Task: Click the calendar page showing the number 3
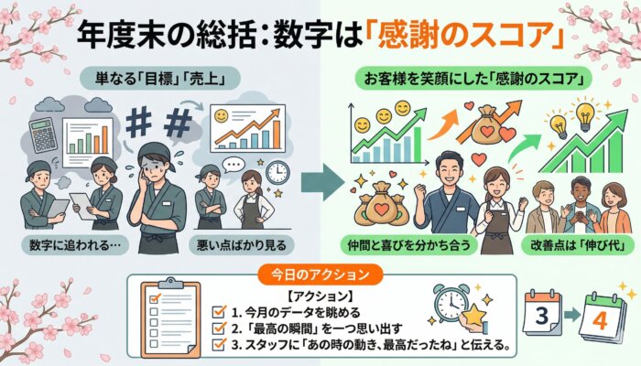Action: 542,313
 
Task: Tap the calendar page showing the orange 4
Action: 603,318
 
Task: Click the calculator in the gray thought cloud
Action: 43,135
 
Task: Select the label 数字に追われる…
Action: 75,245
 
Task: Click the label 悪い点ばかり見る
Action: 242,245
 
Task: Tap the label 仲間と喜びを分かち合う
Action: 408,245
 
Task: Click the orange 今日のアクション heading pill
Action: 320,274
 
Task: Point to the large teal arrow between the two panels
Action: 322,182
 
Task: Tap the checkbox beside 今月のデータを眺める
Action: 219,313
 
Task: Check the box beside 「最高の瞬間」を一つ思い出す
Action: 219,328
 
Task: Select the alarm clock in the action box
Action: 451,303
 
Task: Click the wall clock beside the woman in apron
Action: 277,172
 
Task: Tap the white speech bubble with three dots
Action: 234,166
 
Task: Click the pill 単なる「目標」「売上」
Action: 159,78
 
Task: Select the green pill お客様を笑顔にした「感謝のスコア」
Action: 473,78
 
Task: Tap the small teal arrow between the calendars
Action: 572,314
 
